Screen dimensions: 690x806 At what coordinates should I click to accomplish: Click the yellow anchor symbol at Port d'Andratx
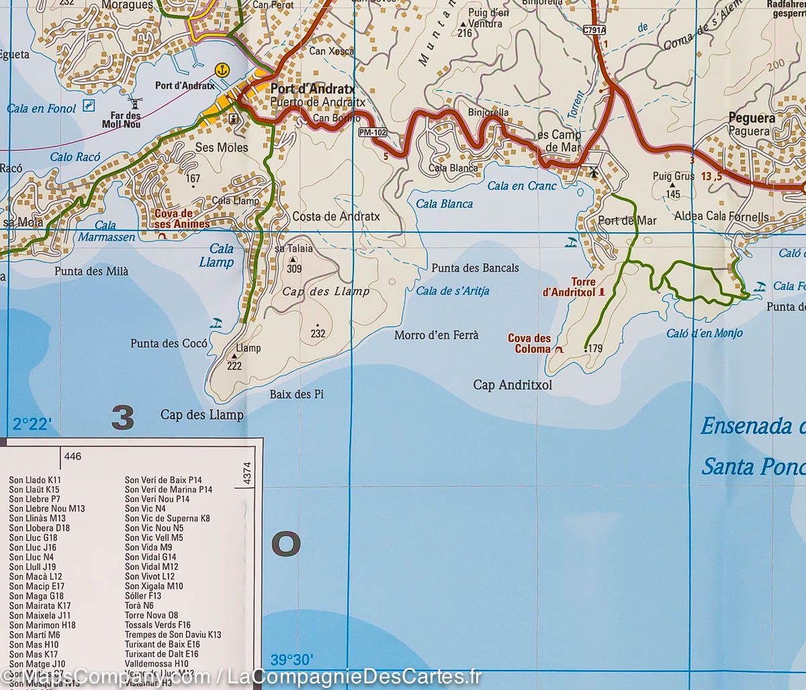point(221,69)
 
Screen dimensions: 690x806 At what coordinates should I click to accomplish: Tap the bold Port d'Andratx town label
point(312,89)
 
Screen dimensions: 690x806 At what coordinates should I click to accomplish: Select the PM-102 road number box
point(373,133)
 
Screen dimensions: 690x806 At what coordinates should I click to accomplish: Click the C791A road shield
point(594,30)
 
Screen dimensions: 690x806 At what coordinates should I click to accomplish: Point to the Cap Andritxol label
point(512,385)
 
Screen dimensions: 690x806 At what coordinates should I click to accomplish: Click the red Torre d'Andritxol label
point(569,287)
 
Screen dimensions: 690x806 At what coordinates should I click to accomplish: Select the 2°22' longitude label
point(32,424)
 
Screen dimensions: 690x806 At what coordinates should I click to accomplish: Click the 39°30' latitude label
point(292,658)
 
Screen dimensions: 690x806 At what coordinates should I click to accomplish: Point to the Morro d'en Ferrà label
point(436,335)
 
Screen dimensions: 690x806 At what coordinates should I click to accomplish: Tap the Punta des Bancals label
point(475,267)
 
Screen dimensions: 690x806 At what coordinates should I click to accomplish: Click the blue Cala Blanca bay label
point(444,204)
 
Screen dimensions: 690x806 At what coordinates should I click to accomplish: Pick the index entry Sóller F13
point(143,595)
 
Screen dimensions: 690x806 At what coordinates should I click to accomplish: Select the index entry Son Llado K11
point(35,480)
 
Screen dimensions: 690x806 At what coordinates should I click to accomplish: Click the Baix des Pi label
point(296,394)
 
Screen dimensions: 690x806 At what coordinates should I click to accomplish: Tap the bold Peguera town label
point(752,118)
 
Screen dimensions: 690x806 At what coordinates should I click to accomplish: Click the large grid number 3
point(123,419)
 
